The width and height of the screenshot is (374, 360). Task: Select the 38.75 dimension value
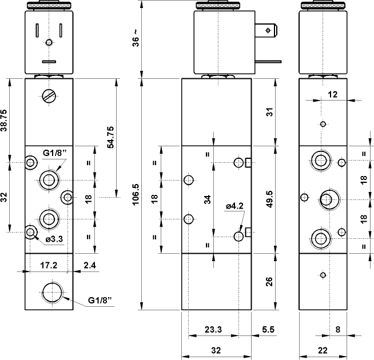(5, 121)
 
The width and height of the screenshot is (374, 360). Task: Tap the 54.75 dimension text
(110, 137)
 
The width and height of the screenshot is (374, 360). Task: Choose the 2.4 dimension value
(89, 265)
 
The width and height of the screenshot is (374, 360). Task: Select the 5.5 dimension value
(268, 329)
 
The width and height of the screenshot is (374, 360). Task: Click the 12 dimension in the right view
(333, 94)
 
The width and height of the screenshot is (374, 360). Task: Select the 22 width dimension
(323, 350)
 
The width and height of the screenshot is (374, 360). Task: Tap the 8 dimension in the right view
(337, 329)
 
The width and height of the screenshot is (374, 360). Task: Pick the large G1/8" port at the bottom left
(53, 294)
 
